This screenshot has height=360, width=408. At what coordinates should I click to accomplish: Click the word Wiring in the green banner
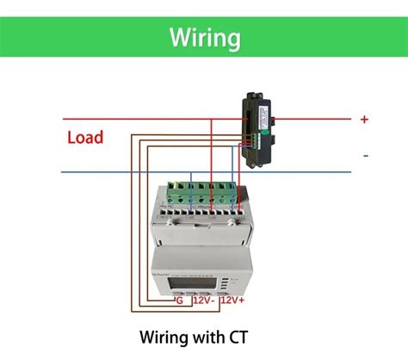203,38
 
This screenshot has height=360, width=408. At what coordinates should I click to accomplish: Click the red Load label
85,137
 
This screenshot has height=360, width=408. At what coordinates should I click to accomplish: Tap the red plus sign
364,120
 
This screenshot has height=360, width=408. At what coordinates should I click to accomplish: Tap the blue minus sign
365,156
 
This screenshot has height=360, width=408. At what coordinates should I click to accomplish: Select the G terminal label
178,301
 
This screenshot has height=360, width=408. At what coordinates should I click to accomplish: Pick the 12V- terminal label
204,301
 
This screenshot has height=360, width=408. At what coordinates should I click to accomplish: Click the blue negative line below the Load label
103,171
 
